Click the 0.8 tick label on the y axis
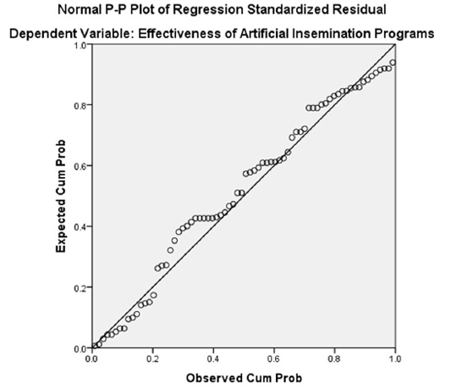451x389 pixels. tap(80, 106)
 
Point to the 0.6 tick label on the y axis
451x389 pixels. tap(80, 167)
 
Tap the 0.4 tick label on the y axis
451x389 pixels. tap(80, 227)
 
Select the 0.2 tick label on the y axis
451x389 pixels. tap(80, 288)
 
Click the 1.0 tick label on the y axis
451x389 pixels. tap(80, 45)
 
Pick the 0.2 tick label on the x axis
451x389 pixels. tap(152, 358)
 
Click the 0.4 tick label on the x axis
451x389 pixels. tap(213, 358)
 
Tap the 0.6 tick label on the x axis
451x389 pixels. tap(274, 358)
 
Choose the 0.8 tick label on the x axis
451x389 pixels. tap(335, 358)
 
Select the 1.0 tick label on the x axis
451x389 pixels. tap(395, 358)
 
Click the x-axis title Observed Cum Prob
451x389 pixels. tap(244, 378)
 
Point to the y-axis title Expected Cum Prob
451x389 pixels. tap(61, 197)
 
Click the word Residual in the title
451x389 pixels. tap(360, 9)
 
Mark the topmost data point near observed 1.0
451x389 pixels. tap(393, 63)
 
